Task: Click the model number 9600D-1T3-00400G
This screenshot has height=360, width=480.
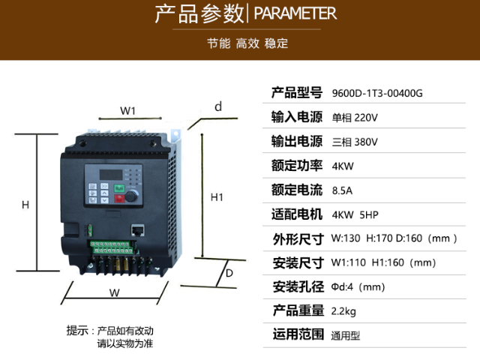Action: (377, 94)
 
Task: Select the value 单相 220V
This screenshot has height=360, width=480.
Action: (355, 118)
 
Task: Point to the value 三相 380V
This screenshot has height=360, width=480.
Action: (355, 142)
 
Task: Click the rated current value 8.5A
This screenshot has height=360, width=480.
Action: (342, 190)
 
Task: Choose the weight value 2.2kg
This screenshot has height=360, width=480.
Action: (343, 310)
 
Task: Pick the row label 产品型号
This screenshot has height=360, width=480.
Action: (297, 93)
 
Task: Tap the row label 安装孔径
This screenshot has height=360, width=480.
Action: (297, 286)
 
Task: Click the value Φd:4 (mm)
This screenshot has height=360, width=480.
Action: (358, 286)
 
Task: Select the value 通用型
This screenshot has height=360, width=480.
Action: (346, 334)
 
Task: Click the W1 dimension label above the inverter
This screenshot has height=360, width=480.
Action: (127, 111)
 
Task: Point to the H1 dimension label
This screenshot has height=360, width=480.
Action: (217, 197)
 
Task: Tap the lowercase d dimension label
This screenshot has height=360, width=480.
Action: (218, 106)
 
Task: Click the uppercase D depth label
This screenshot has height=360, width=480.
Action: (229, 273)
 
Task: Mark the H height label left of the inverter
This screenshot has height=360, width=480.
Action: (25, 205)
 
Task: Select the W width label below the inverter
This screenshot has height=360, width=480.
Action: (115, 292)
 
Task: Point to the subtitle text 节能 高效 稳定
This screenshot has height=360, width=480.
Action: (247, 43)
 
